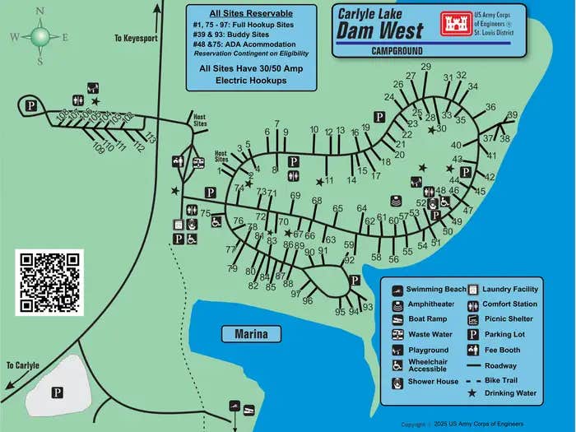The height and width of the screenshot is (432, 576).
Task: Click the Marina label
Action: (x=251, y=334)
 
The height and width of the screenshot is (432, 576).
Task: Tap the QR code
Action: (x=49, y=281)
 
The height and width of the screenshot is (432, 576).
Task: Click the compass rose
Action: (x=39, y=36)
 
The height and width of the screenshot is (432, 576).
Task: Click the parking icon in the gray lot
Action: (x=58, y=392)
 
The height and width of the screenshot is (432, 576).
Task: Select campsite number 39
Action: (x=512, y=116)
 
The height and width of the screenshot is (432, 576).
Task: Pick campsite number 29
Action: (x=425, y=67)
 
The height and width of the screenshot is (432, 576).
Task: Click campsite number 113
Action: (x=150, y=137)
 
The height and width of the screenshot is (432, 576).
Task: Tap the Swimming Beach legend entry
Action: (x=438, y=290)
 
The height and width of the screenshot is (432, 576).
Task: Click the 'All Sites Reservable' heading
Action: (x=252, y=14)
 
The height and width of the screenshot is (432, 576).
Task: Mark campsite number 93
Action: (x=368, y=307)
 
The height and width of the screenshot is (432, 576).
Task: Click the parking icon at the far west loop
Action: (x=31, y=105)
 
